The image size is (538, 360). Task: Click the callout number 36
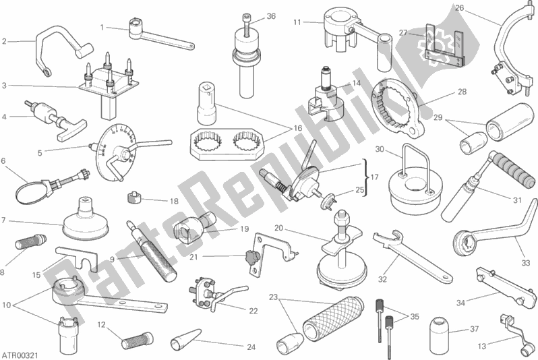pyautogui.click(x=271, y=16)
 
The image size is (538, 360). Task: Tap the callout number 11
pyautogui.click(x=297, y=22)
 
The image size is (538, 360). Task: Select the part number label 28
pyautogui.click(x=462, y=92)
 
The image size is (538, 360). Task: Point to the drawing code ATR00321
pyautogui.click(x=20, y=354)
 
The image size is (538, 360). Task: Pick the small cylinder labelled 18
pyautogui.click(x=135, y=198)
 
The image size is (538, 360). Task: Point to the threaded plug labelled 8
pyautogui.click(x=30, y=241)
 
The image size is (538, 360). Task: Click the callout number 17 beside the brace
pyautogui.click(x=375, y=177)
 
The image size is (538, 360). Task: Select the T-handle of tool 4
pyautogui.click(x=71, y=130)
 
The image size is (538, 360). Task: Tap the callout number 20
pyautogui.click(x=279, y=228)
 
